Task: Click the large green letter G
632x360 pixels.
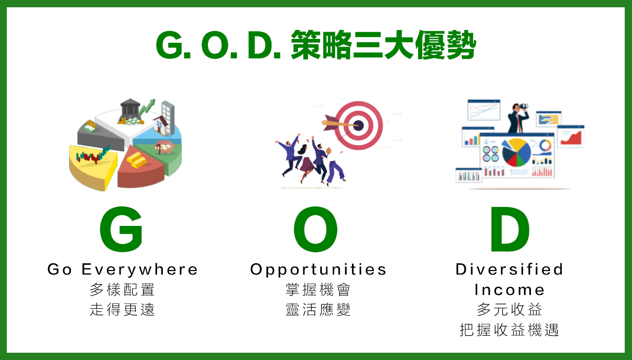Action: point(122,229)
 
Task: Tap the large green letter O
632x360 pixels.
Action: point(316,229)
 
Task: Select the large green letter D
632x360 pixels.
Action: point(509,229)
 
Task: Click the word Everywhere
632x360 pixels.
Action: point(140,269)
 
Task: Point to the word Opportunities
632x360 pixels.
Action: point(318,270)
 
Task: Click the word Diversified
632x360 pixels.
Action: point(509,269)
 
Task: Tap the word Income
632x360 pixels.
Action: point(509,290)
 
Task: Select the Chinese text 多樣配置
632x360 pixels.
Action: point(122,290)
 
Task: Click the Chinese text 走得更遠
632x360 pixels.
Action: point(122,310)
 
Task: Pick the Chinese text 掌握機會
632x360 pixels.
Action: point(318,290)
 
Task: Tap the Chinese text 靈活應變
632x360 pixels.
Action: point(318,310)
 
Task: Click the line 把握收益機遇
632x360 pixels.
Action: point(509,330)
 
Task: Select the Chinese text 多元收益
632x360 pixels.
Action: point(509,310)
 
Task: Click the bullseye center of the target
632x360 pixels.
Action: point(358,125)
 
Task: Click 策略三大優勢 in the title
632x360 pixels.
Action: point(383,45)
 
